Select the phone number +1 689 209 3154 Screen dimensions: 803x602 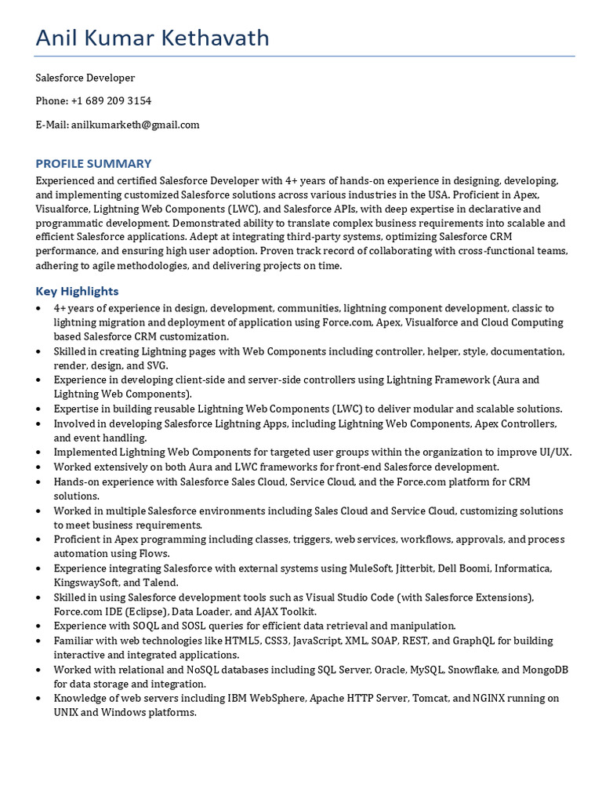pos(111,101)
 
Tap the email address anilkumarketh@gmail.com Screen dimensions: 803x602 pos(135,125)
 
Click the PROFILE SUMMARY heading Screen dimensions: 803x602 pos(93,163)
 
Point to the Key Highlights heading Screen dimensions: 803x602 pos(77,291)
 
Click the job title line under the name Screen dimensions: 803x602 pos(85,78)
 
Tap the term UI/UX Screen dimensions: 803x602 pos(554,452)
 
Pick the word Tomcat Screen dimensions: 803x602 pos(423,698)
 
